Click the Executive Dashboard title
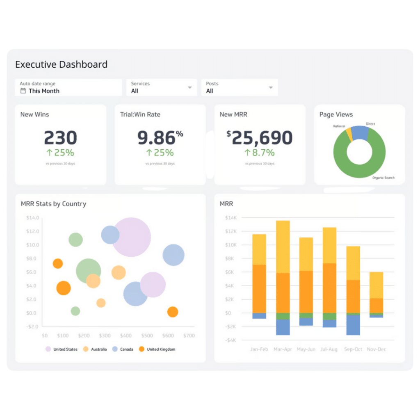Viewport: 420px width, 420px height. pos(61,64)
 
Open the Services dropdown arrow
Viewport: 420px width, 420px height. pos(189,87)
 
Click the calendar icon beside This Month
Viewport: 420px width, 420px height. pos(23,91)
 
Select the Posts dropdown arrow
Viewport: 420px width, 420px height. pos(271,87)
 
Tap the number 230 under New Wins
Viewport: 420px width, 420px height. pos(60,138)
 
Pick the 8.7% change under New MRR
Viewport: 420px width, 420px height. pos(260,153)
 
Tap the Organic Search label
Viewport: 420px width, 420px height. pos(383,178)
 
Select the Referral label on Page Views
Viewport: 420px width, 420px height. pos(339,126)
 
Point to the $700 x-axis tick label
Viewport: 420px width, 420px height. pos(189,336)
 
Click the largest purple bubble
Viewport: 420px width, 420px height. pos(131,237)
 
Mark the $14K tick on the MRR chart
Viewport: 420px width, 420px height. pos(231,218)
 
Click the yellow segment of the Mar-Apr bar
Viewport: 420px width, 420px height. pos(283,247)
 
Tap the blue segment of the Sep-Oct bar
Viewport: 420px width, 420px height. pos(353,325)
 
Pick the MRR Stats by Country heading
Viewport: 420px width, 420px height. pos(53,204)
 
